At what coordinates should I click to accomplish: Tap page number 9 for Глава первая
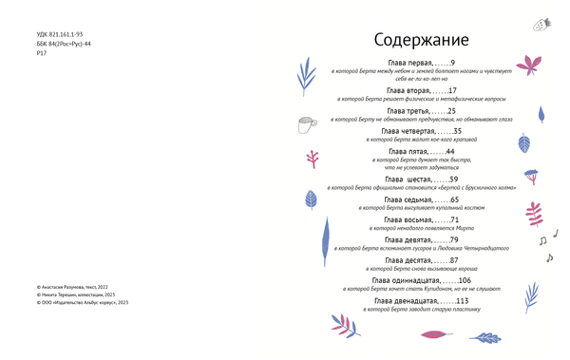(x=452, y=63)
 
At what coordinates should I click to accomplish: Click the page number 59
(x=454, y=179)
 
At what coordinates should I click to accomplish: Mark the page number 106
(x=465, y=280)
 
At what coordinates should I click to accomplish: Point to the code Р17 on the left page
(x=40, y=54)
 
